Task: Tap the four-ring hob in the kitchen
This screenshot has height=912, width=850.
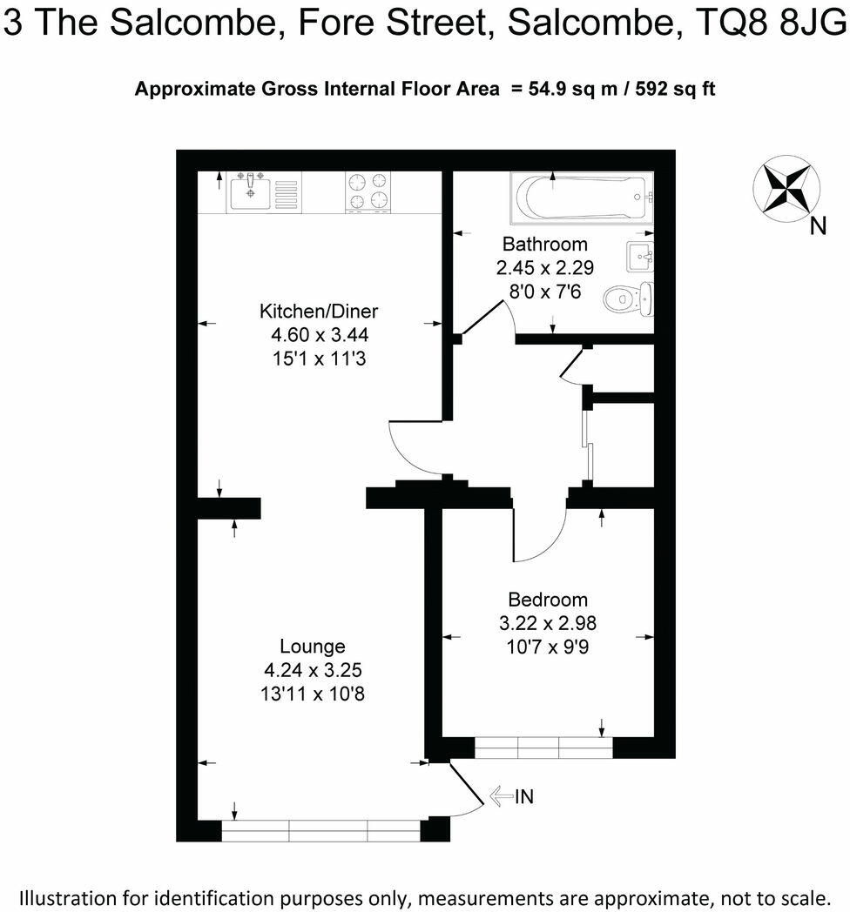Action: (368, 191)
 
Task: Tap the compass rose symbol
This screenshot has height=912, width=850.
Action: (784, 187)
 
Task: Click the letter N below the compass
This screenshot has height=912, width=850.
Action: (818, 228)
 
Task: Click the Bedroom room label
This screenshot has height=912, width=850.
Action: (548, 600)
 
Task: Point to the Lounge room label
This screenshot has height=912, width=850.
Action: (312, 647)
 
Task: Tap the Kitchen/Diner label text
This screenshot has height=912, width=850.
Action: (319, 312)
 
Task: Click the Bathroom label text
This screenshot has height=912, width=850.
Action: (545, 245)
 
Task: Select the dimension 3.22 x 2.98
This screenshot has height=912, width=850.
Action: (548, 623)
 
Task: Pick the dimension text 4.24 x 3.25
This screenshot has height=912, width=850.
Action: (313, 670)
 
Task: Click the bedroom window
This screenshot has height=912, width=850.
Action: (544, 748)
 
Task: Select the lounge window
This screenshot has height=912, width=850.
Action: (321, 831)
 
